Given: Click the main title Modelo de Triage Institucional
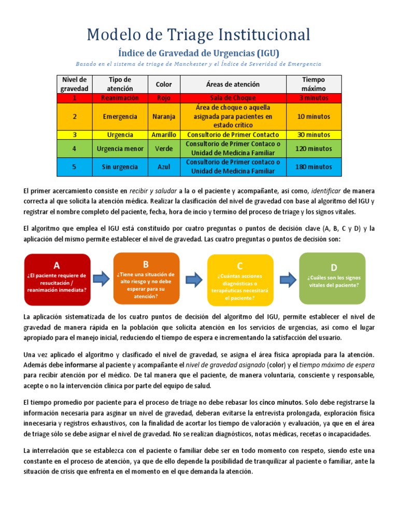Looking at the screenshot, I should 198,35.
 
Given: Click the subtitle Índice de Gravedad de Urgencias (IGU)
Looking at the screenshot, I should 198,53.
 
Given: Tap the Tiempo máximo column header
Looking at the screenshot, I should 314,84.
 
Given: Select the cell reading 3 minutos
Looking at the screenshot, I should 314,98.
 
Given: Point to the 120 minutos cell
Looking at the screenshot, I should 314,148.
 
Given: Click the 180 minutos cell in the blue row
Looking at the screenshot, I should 314,167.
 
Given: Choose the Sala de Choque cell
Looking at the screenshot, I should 233,98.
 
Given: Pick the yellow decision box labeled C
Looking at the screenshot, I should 240,279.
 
